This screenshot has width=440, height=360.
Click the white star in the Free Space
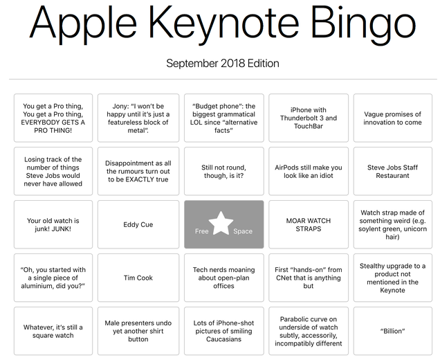(x=221, y=224)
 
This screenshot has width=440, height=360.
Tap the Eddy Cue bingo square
(x=138, y=224)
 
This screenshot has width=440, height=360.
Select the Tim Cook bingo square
(x=138, y=278)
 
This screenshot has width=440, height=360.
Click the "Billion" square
(x=392, y=331)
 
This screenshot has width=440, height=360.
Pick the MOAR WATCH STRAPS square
(x=309, y=224)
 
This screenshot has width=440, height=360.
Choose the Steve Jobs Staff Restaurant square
(x=392, y=171)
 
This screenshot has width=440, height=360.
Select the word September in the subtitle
(x=192, y=64)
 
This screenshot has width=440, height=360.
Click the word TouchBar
(x=309, y=126)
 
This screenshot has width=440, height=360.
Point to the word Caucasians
(x=223, y=339)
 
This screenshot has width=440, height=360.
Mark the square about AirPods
(x=309, y=171)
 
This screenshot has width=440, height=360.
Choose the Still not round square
(x=224, y=171)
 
